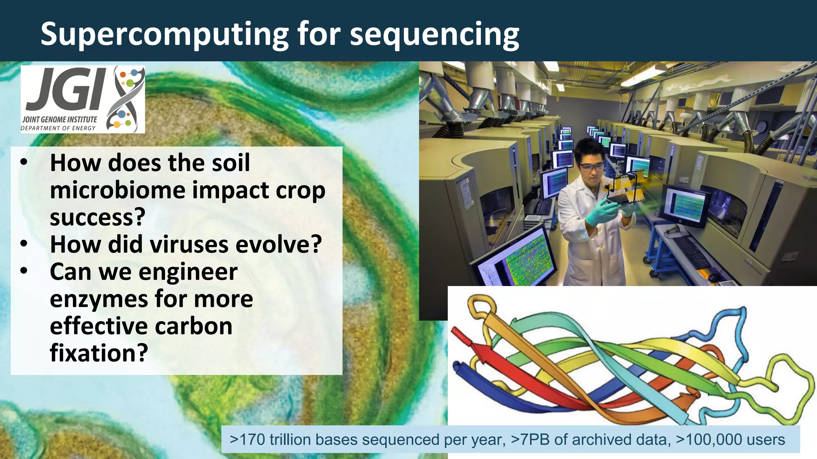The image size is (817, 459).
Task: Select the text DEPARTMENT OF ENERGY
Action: pos(58,128)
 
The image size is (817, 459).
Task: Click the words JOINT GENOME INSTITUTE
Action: pos(60,120)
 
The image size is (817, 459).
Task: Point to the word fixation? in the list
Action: pos(99,353)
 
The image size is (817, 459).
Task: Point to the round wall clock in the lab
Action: pos(761,127)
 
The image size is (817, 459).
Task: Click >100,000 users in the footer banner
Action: pos(730,439)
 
